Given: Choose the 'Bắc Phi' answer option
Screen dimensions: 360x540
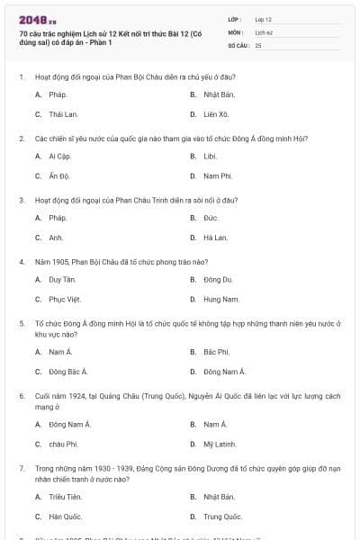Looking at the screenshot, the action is click(216, 351).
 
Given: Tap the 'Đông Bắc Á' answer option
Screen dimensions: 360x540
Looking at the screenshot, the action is click(68, 372).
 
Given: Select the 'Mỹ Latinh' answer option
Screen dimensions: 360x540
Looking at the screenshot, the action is click(220, 444).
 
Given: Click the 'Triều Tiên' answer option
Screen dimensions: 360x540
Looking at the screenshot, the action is click(66, 496).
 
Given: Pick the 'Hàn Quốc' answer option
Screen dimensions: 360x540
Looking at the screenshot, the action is click(65, 517).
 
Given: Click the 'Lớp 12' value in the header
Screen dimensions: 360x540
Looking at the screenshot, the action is click(264, 18).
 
